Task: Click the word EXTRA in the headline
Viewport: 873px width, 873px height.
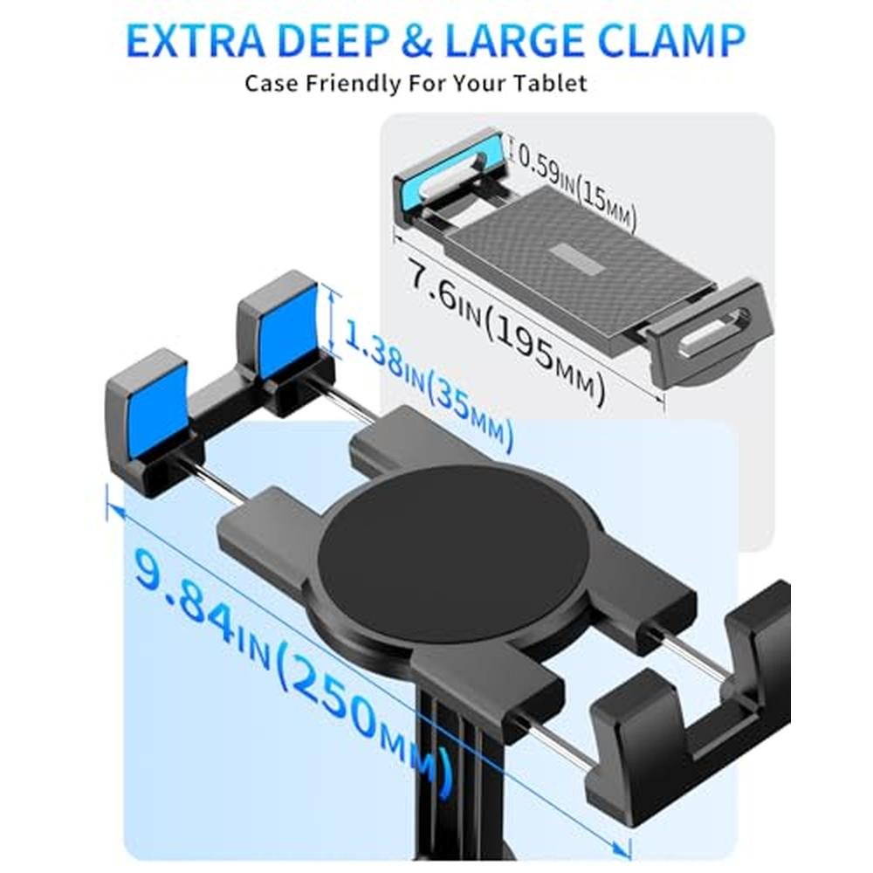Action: [x=196, y=40]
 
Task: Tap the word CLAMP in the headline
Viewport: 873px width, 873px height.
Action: [x=673, y=40]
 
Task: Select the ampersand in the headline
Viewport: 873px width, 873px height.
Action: [x=416, y=41]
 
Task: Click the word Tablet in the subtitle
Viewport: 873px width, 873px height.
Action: [x=549, y=84]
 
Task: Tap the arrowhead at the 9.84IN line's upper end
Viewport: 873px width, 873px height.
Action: [x=114, y=509]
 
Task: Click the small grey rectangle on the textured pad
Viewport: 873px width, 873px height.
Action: [x=580, y=258]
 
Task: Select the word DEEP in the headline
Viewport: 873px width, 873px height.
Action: [x=332, y=40]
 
